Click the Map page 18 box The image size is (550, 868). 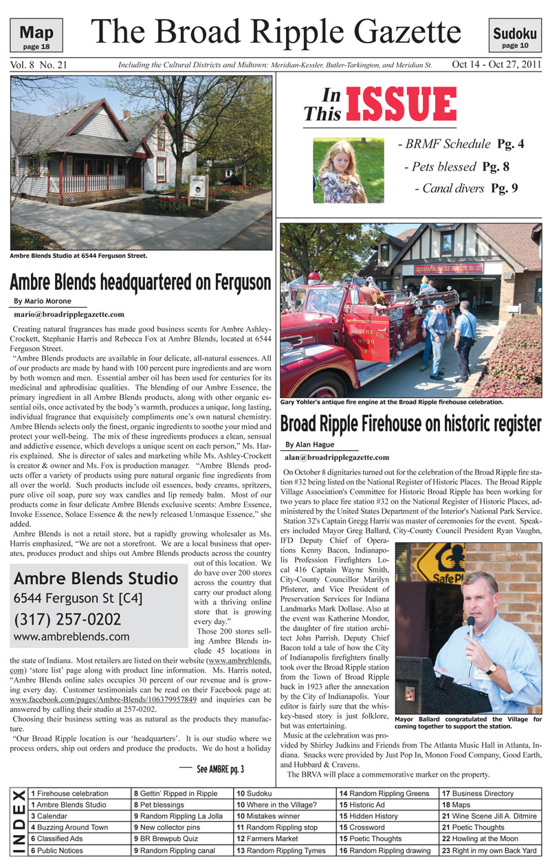tap(36, 34)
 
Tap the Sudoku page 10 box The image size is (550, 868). tap(514, 34)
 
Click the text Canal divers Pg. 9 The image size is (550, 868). tap(465, 188)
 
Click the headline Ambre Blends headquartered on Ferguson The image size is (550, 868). tap(140, 282)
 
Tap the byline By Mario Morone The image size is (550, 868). tap(43, 301)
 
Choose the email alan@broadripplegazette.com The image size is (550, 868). tap(337, 457)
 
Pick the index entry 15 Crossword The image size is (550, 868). tap(362, 827)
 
